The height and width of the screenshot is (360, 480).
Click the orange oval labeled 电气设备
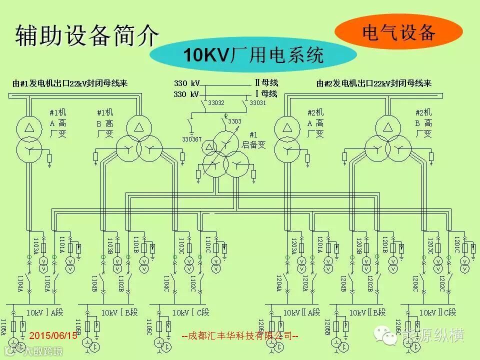coord(398,33)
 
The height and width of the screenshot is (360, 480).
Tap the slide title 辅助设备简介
coord(87,36)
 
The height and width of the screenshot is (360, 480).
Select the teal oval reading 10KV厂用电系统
coord(252,55)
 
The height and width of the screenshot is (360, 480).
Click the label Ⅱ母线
coord(266,82)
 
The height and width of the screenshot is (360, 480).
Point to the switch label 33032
coord(216,103)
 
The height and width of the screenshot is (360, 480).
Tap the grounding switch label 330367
coord(192,139)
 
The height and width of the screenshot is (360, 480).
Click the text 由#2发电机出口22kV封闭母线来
coord(374,83)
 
